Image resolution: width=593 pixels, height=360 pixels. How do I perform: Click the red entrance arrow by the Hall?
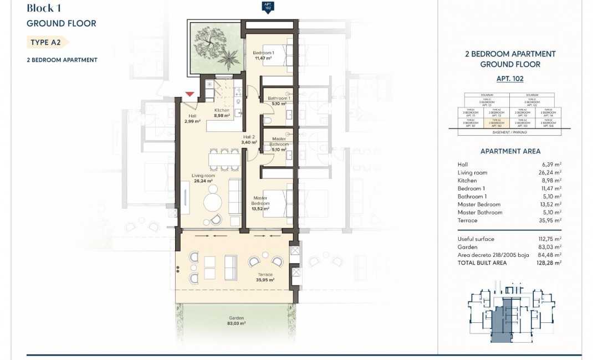190,95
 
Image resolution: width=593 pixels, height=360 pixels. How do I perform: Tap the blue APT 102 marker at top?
268,8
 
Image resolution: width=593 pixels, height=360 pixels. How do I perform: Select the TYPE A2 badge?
47,42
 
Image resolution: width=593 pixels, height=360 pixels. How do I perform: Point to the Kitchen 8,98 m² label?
222,112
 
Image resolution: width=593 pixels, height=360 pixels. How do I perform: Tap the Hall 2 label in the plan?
249,140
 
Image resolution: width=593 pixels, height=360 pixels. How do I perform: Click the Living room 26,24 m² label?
203,178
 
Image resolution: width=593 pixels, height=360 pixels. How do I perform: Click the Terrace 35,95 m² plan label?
264,277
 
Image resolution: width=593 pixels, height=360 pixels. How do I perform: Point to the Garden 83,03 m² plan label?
237,321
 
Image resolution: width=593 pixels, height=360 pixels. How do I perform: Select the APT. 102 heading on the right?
510,79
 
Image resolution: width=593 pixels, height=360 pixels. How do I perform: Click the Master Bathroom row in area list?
480,212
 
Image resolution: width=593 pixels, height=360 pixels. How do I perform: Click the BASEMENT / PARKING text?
509,133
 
